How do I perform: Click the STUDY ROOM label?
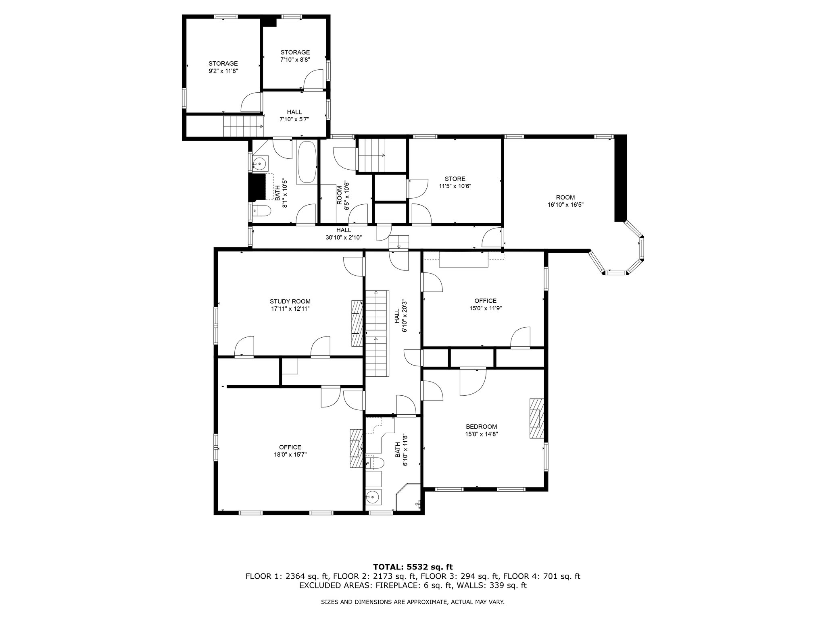pyautogui.click(x=290, y=301)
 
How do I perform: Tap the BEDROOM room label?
pyautogui.click(x=481, y=427)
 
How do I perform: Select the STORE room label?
pyautogui.click(x=455, y=179)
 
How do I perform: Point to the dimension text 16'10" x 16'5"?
pyautogui.click(x=565, y=204)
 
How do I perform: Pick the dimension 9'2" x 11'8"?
pyautogui.click(x=223, y=71)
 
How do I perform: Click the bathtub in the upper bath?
pyautogui.click(x=307, y=163)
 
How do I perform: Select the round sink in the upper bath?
pyautogui.click(x=260, y=164)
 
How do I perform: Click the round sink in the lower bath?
pyautogui.click(x=374, y=497)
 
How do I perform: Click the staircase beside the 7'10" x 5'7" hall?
pyautogui.click(x=244, y=126)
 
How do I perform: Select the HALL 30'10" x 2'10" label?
pyautogui.click(x=344, y=234)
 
